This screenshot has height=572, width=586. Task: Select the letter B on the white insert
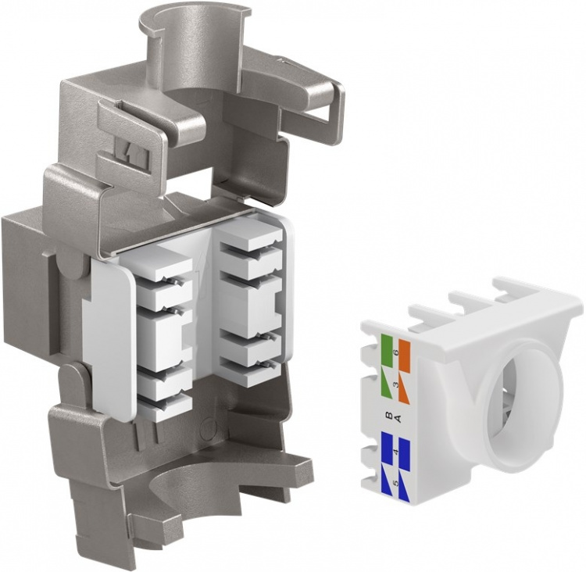[x=388, y=417]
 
